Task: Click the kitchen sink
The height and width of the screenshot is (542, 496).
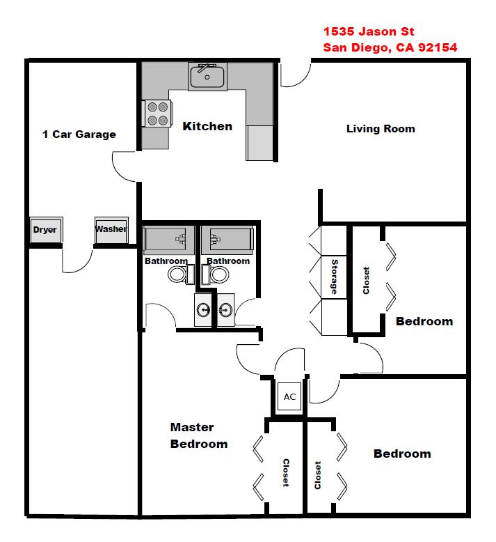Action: tap(207, 77)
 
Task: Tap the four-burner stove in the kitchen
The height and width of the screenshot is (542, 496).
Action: tap(157, 114)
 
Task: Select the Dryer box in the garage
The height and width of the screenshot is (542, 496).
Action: tap(46, 229)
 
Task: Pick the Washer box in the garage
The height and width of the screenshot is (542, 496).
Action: tap(111, 229)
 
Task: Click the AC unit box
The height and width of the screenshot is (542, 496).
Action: tap(289, 396)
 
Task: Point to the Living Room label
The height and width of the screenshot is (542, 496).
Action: tap(381, 129)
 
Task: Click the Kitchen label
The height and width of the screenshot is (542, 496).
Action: tap(207, 126)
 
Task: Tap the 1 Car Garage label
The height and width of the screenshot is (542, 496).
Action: tap(79, 134)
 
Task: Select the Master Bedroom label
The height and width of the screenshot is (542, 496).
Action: tap(199, 435)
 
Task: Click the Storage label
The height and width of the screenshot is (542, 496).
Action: tap(334, 277)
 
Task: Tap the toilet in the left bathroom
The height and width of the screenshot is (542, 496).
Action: tap(181, 274)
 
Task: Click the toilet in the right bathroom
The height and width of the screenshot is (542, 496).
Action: tap(216, 274)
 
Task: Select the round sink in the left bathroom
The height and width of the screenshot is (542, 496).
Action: tap(204, 310)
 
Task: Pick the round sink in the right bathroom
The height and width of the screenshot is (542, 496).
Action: tap(225, 310)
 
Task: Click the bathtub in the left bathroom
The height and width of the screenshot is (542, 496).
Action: tap(169, 239)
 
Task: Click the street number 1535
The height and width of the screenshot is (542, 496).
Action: tap(339, 31)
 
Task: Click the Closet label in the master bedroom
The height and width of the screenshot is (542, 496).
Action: tap(286, 473)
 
